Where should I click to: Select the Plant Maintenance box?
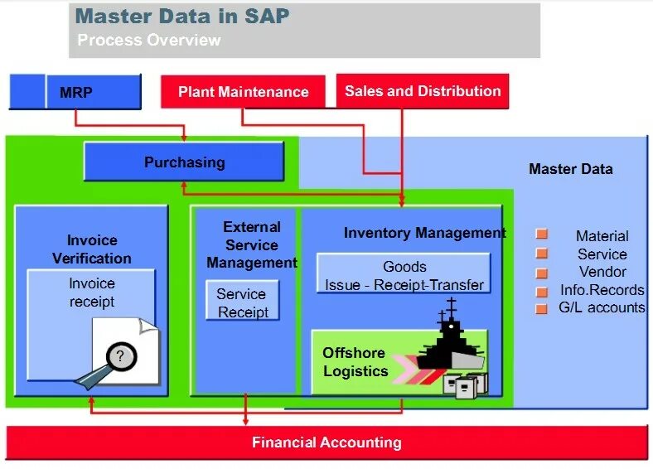[244, 92]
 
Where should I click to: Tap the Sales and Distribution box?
[423, 91]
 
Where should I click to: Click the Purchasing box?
[184, 162]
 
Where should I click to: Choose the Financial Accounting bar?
[326, 442]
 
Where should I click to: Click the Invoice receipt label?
[92, 292]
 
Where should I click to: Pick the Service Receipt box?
[242, 302]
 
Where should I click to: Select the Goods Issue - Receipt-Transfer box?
[404, 275]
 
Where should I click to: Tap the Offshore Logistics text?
[356, 362]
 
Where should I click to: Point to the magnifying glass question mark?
[122, 357]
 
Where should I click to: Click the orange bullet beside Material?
[542, 235]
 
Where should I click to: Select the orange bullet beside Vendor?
[542, 273]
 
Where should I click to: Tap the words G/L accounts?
[602, 307]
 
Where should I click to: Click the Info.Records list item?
[602, 290]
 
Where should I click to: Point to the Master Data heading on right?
[571, 169]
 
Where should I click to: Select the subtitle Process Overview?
[149, 40]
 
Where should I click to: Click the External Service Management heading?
[251, 244]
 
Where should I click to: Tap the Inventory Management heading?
[424, 233]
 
